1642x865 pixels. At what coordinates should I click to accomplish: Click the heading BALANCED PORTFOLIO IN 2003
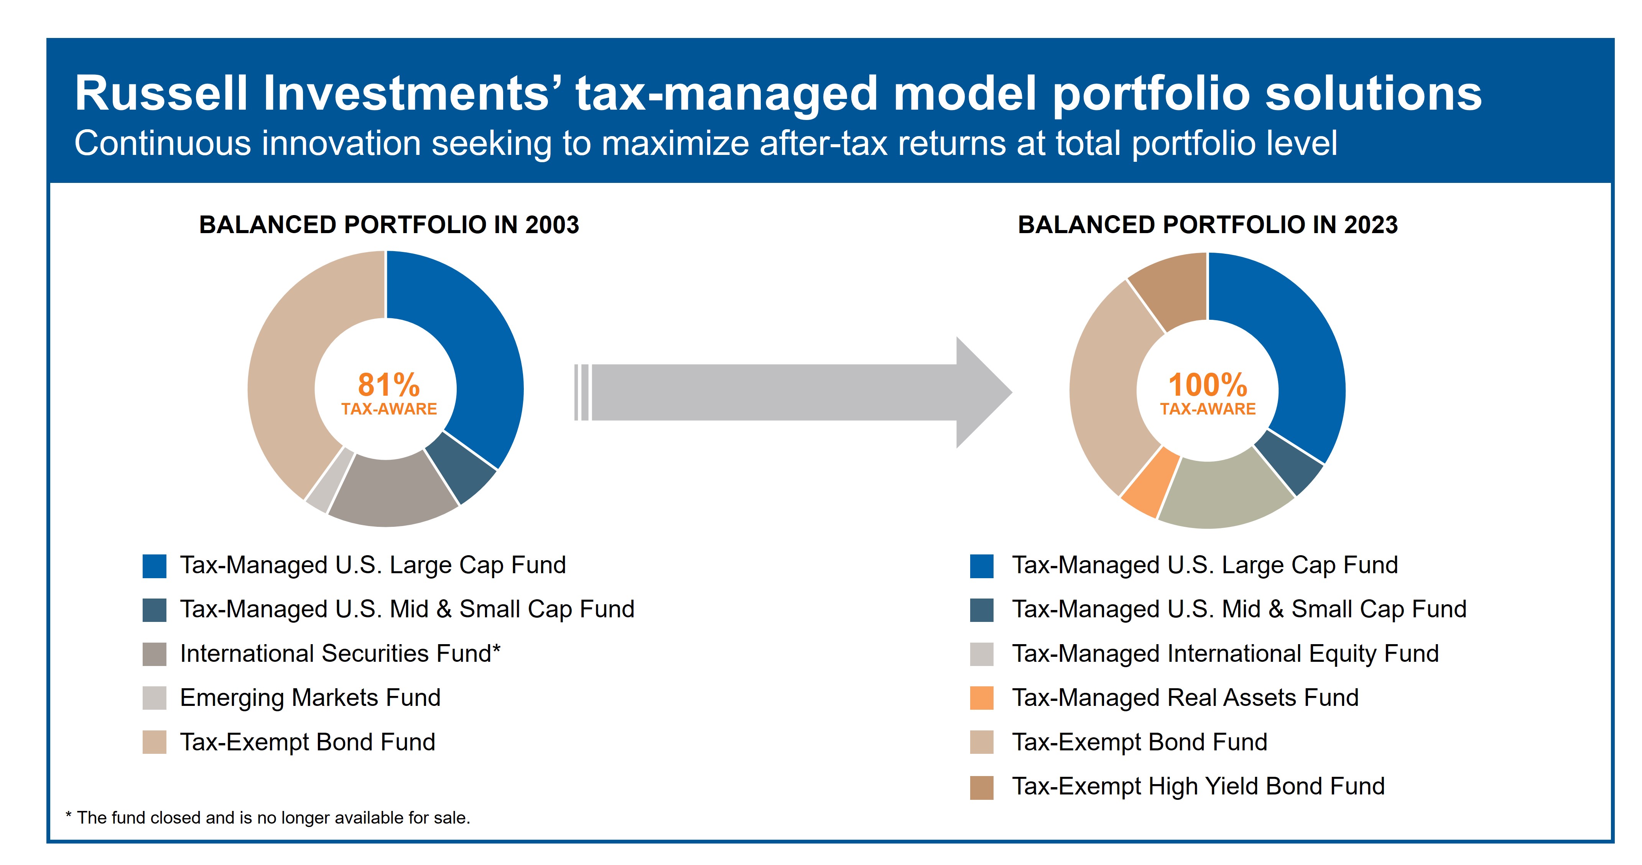point(389,225)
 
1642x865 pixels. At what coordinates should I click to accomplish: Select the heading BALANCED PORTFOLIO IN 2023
point(1207,225)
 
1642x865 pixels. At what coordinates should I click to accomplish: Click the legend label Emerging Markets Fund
point(310,697)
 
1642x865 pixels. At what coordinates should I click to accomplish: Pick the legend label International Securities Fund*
point(340,653)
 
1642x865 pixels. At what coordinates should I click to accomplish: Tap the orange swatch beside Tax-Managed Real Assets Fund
point(981,698)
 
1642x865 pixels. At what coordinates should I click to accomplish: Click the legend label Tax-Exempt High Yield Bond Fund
point(1198,786)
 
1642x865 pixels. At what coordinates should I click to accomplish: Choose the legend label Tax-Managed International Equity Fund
point(1225,653)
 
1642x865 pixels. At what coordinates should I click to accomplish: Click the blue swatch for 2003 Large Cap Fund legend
point(154,566)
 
